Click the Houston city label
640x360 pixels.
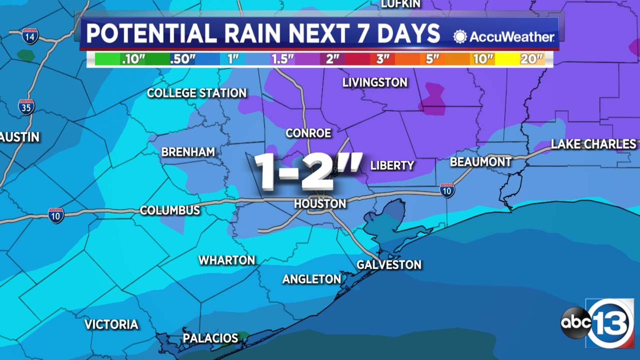320,204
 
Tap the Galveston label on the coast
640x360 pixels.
389,265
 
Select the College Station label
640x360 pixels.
197,93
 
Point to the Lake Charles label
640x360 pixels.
593,144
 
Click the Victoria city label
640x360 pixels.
111,324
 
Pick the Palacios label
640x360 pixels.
210,338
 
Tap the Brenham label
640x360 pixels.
188,152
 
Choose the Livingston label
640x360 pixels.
375,83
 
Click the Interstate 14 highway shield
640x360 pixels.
30,36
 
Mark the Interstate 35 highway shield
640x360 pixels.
26,107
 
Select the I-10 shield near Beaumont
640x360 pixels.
447,190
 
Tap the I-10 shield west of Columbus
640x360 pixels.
56,216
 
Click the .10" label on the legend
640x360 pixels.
133,59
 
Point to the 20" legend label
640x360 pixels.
531,59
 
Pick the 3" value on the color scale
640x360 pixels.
382,59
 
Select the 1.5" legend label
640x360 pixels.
282,59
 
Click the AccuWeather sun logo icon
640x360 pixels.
460,37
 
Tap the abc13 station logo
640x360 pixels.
598,323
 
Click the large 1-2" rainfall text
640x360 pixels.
308,171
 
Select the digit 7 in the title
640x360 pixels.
363,33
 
